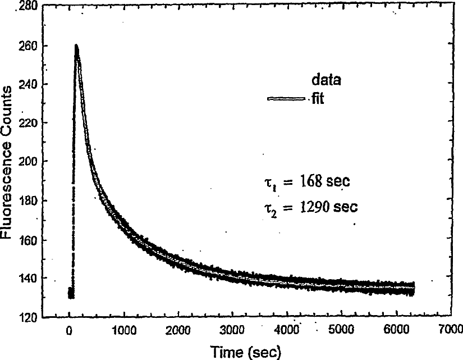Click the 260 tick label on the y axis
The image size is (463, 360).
28,46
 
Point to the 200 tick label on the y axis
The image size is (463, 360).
28,161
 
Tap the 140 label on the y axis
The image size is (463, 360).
28,278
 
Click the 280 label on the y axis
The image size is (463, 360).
28,6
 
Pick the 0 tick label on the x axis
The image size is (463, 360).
69,330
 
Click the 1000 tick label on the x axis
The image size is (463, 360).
124,330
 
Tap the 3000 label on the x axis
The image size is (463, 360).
232,330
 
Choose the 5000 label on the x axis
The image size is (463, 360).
341,329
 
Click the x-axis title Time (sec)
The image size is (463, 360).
246,352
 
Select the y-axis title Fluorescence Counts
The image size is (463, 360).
7,162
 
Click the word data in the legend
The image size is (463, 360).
326,80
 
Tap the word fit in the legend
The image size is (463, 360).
318,98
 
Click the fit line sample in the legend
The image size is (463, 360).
286,99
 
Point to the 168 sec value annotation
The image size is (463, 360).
325,181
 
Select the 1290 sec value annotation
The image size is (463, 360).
329,207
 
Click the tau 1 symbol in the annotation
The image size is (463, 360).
270,183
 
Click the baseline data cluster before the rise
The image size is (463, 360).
71,293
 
